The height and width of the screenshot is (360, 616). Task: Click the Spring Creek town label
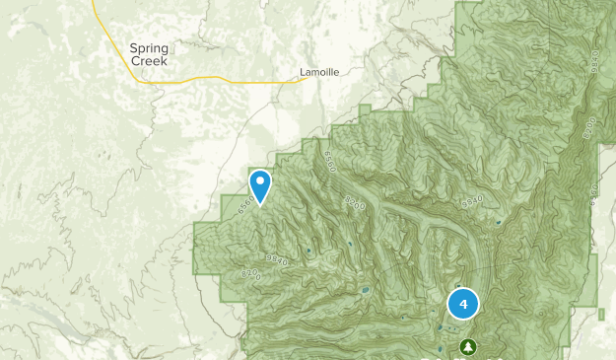point(150,53)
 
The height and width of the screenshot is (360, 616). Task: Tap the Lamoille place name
point(319,72)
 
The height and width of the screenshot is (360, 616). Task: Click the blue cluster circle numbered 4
point(463,304)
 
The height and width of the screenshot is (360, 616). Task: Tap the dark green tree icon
point(467,346)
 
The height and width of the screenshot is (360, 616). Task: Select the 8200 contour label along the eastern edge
point(589,128)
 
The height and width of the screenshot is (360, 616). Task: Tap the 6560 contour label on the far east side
point(593,192)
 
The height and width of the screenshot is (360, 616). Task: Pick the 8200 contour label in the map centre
point(355,204)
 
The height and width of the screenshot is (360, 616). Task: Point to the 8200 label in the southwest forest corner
point(249,273)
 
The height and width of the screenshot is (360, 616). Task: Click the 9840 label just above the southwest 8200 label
point(277,260)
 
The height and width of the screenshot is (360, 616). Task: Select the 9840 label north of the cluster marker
point(472,202)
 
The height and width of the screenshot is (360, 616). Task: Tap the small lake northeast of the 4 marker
point(499,223)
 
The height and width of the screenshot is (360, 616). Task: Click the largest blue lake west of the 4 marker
point(366,291)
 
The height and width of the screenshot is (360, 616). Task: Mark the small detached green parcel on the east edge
point(601,314)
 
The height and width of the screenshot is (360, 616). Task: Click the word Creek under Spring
point(150,60)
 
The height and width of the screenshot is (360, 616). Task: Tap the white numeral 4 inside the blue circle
point(463,304)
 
